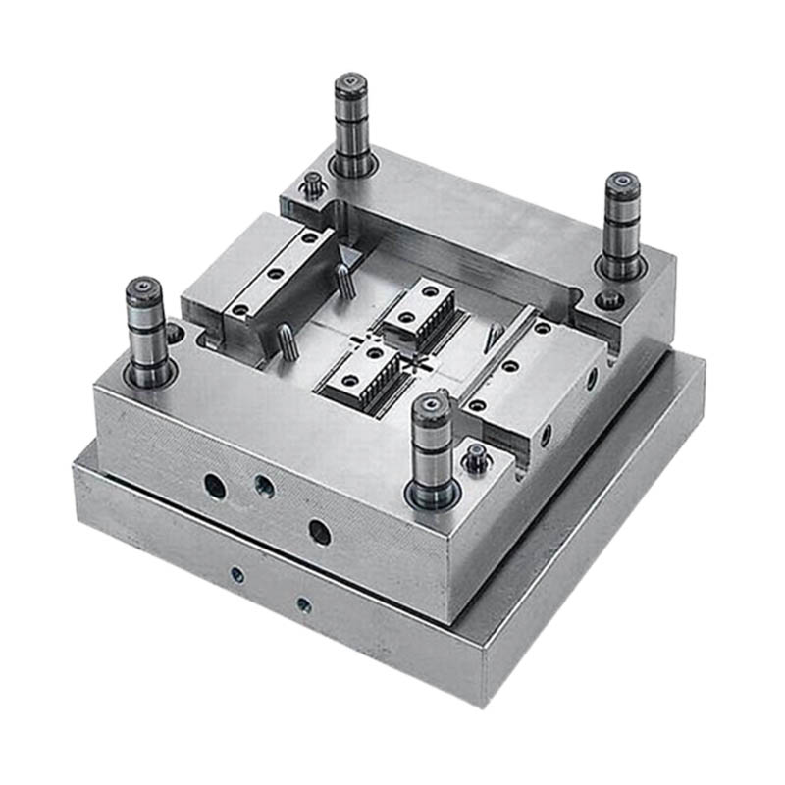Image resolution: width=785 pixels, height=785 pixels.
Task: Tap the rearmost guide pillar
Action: [350, 86]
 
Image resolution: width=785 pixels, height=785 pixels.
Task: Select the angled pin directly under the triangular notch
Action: [344, 285]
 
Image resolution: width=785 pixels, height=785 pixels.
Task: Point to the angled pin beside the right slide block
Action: [497, 335]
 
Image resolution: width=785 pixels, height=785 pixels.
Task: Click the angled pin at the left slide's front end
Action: [284, 340]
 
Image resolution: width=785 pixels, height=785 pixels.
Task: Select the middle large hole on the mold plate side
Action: [263, 485]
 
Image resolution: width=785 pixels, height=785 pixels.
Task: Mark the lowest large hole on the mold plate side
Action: [319, 532]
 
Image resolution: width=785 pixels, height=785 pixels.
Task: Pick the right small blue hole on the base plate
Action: [303, 604]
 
